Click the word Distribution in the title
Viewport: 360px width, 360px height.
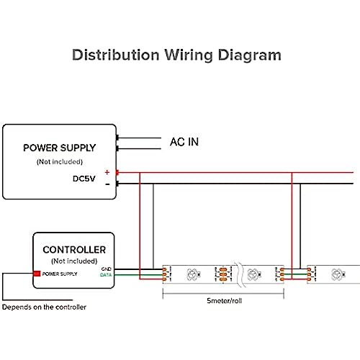click(x=116, y=55)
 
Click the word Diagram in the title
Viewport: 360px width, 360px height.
click(x=250, y=55)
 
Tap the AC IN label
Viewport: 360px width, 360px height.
click(x=184, y=142)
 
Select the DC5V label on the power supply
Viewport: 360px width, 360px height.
click(x=84, y=179)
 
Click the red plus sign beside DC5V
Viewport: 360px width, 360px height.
click(x=107, y=172)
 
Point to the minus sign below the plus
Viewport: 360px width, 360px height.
click(x=107, y=184)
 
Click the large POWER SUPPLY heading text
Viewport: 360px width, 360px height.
click(x=60, y=148)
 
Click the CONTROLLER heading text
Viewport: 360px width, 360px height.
click(x=74, y=250)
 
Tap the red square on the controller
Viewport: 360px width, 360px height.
click(x=37, y=274)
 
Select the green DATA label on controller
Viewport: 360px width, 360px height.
click(x=106, y=275)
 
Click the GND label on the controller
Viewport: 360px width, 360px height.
click(x=107, y=269)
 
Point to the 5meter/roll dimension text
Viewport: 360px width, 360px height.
click(x=224, y=301)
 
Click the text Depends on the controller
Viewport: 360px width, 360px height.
click(x=44, y=307)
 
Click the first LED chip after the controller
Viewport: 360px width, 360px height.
click(x=194, y=274)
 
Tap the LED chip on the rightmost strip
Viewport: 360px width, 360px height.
click(x=338, y=274)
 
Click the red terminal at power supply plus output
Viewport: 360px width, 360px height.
click(x=117, y=172)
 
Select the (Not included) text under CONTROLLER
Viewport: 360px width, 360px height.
click(x=74, y=261)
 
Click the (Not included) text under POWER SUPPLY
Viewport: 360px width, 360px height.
click(x=60, y=162)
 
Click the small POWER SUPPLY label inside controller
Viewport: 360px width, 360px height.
click(x=60, y=274)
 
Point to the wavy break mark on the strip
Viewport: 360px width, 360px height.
click(x=240, y=274)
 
